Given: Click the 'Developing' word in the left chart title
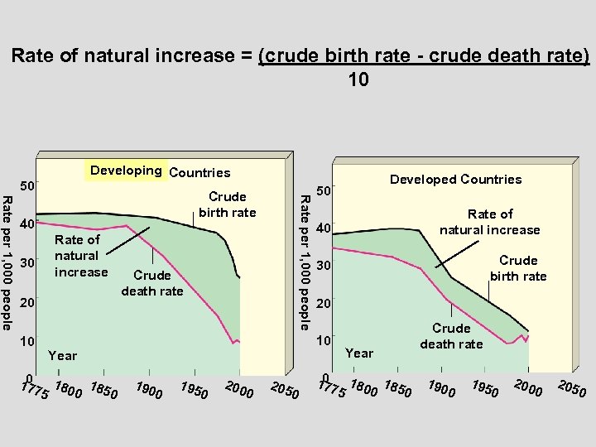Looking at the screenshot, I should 126,171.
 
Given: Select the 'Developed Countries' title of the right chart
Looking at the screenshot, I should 455,180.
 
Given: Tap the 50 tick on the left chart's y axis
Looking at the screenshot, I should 27,185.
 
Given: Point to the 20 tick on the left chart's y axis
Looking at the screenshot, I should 27,302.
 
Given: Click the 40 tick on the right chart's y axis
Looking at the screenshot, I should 324,228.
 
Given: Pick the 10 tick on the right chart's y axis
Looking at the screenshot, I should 324,340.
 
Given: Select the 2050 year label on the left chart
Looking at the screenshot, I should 285,392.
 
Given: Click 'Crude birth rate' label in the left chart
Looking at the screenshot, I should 227,204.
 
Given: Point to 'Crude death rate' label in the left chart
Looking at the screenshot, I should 152,283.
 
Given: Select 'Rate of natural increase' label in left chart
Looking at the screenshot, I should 81,256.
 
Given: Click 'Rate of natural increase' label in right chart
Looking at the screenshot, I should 489,222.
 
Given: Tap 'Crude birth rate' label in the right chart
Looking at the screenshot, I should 518,268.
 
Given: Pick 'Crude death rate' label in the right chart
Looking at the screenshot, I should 451,336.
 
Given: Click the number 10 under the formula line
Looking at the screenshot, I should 354,80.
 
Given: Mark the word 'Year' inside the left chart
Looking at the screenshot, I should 62,356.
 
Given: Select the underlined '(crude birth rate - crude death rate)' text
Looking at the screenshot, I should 424,56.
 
